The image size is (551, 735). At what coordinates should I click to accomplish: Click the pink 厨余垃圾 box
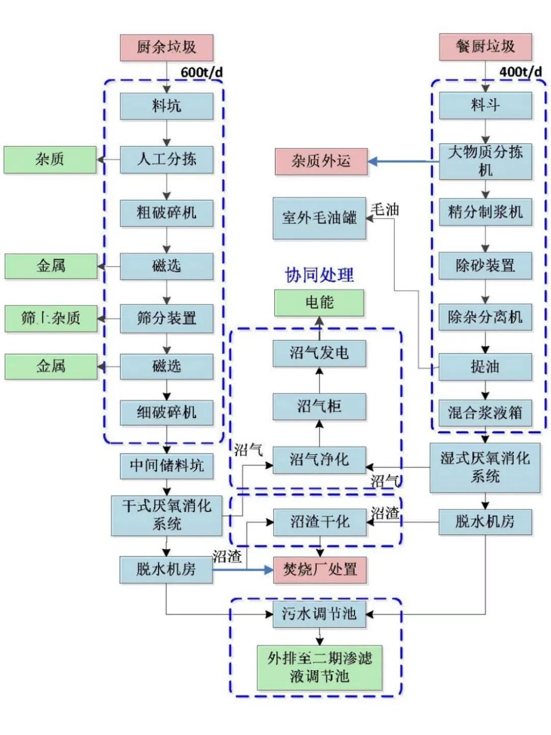(166, 47)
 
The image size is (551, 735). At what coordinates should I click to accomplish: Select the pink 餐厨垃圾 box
(485, 47)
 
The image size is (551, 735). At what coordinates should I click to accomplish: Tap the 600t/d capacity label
(202, 72)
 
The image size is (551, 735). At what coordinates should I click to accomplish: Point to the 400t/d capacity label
(520, 71)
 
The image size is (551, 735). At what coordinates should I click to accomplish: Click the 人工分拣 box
(166, 159)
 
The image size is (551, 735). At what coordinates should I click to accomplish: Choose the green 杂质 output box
(50, 160)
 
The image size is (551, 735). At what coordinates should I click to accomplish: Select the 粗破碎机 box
(166, 213)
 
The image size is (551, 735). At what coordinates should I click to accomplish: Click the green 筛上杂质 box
(51, 318)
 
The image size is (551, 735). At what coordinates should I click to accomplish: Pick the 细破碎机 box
(166, 412)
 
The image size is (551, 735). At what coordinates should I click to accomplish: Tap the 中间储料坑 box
(166, 465)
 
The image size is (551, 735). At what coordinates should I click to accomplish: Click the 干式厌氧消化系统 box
(166, 515)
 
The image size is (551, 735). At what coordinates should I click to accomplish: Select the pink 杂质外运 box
(321, 162)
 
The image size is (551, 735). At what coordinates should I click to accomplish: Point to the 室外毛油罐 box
(319, 218)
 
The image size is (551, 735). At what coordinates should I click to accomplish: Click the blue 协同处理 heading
(319, 275)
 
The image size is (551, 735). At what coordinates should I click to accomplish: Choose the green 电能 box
(319, 303)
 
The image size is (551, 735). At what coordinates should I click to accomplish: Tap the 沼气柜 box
(319, 407)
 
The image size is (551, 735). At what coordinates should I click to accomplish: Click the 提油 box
(485, 366)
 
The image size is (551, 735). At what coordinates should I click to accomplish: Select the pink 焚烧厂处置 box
(320, 570)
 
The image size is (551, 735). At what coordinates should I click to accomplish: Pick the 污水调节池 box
(319, 614)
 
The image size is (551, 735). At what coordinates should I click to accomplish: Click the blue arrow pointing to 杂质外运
(403, 162)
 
